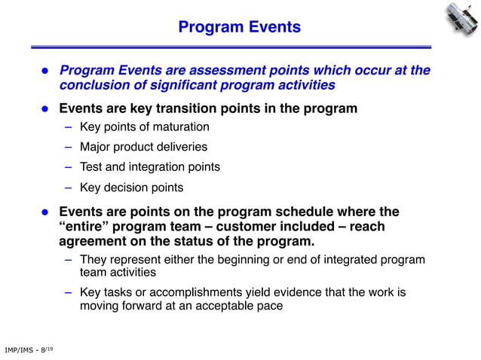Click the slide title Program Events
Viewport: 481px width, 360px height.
coord(240,28)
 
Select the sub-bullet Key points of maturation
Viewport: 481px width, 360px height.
coord(144,127)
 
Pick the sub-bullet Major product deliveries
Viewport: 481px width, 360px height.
coord(143,147)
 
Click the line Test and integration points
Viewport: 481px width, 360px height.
coord(150,166)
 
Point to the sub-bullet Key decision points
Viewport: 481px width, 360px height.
coord(131,187)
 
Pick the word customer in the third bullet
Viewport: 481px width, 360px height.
coord(250,227)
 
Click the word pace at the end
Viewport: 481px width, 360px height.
coord(269,306)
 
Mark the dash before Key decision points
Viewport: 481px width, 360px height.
coord(68,187)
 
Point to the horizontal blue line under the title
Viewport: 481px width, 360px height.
coord(240,47)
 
